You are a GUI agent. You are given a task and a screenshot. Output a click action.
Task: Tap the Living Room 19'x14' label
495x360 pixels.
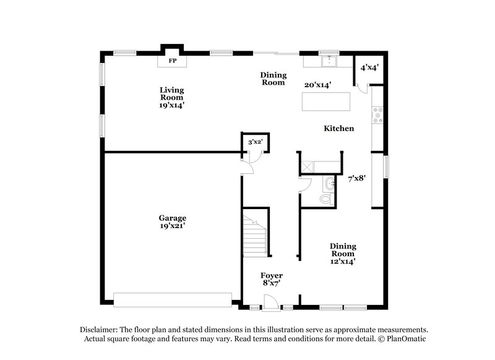[172, 98]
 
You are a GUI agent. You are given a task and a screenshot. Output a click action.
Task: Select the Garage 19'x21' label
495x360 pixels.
[172, 222]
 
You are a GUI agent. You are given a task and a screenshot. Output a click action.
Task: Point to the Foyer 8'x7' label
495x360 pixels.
[272, 280]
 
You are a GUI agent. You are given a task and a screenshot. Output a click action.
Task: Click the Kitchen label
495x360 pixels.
[339, 129]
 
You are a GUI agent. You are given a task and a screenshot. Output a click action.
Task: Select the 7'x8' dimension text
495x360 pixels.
[357, 178]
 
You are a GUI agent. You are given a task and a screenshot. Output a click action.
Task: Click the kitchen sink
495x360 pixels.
[329, 61]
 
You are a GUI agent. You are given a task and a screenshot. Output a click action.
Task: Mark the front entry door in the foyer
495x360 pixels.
[269, 302]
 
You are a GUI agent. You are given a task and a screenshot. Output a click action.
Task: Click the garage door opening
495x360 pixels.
[173, 300]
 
